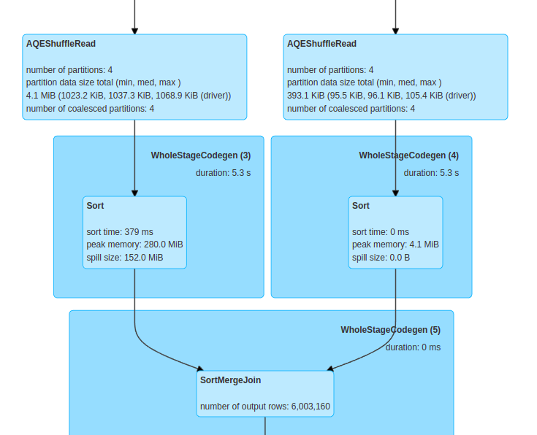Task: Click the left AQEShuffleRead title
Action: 61,44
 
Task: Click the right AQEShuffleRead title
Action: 321,44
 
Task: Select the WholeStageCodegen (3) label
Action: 201,155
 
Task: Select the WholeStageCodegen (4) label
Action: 408,155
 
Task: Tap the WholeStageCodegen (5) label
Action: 390,330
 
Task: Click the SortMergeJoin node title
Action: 230,380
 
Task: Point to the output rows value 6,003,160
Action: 311,406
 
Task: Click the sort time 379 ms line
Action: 120,231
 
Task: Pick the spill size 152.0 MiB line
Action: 124,258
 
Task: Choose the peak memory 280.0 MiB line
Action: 134,245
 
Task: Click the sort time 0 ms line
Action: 381,231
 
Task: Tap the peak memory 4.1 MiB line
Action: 395,245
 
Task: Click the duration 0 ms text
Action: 413,347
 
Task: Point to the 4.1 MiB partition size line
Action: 129,96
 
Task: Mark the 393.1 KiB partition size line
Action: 381,96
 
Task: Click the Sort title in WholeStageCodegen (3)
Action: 95,206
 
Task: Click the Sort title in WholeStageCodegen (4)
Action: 361,206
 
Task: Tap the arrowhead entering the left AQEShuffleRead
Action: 134,30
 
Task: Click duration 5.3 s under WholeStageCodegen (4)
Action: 431,173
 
